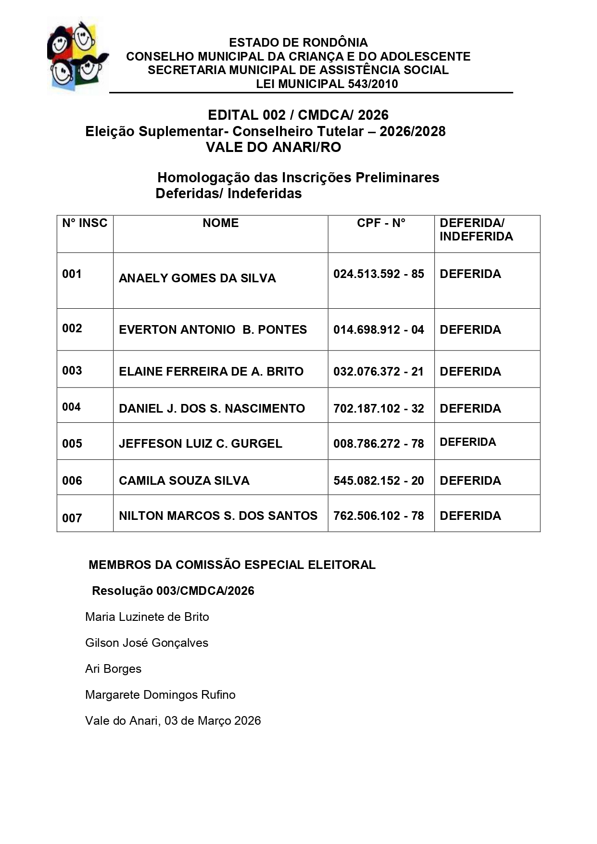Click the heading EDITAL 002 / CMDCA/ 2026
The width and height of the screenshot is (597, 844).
(x=298, y=115)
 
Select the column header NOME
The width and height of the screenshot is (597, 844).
(x=220, y=223)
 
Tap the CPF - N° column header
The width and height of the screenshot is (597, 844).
(x=381, y=223)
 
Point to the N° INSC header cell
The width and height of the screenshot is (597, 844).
(x=85, y=223)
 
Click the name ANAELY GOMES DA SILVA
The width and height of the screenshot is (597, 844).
(x=197, y=278)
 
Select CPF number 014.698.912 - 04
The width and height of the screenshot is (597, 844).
(x=379, y=330)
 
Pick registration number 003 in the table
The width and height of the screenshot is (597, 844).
(x=72, y=371)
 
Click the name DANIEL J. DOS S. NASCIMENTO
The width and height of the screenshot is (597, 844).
(x=212, y=409)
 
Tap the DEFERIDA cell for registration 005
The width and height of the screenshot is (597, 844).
(x=468, y=442)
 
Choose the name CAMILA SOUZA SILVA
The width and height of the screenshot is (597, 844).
(x=184, y=481)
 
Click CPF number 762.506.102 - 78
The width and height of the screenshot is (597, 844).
(x=379, y=516)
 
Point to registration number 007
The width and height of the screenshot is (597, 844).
(x=72, y=518)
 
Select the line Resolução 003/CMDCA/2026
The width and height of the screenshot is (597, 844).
(x=173, y=591)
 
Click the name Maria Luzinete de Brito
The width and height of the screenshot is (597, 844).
(x=147, y=617)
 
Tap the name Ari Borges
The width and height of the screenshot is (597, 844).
(x=114, y=669)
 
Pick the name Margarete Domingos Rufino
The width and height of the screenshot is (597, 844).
(x=160, y=695)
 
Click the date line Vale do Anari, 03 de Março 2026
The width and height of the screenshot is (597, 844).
(x=173, y=721)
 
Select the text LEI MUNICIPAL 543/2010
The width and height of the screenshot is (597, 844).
(x=327, y=84)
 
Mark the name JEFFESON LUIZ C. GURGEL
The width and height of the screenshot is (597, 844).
(x=201, y=444)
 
